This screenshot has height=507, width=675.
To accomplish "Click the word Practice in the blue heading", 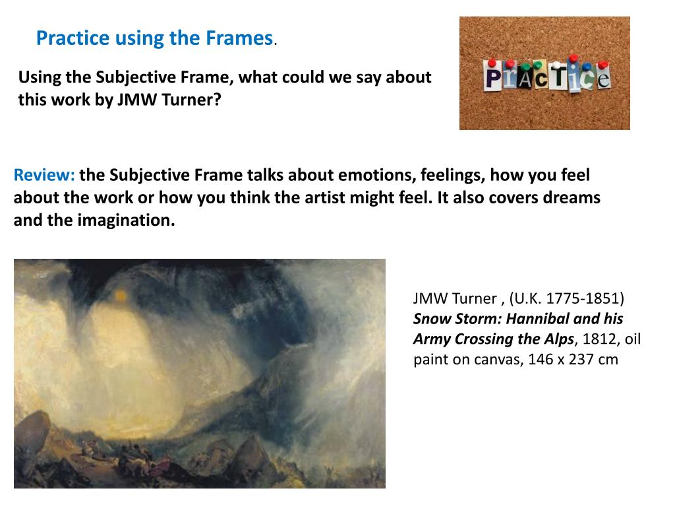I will (x=73, y=38).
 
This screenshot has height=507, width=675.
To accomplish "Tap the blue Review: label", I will (x=44, y=176).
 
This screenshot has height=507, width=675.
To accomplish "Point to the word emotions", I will (x=371, y=176).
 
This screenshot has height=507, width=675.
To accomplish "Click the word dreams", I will (x=573, y=198).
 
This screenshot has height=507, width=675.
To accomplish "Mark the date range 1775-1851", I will (x=582, y=298).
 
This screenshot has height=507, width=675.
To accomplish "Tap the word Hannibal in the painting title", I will (x=541, y=319).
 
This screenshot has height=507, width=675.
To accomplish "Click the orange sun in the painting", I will (x=120, y=296).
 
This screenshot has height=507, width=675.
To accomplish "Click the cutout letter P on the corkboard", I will (x=492, y=78).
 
